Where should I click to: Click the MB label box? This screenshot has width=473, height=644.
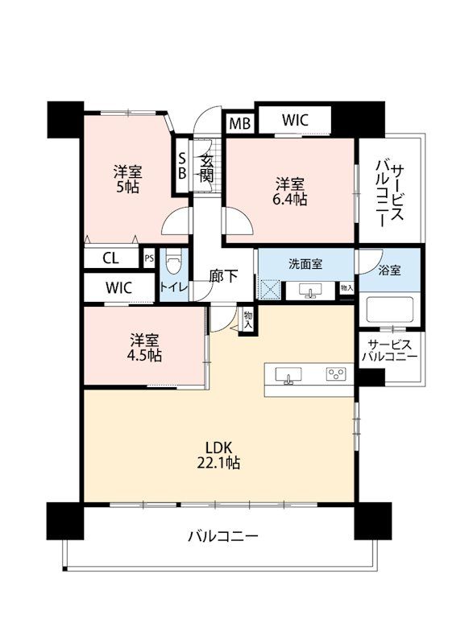[239, 123]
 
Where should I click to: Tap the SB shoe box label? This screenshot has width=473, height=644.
[181, 166]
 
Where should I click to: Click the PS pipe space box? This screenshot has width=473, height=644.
[149, 258]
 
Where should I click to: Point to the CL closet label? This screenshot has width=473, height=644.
[110, 258]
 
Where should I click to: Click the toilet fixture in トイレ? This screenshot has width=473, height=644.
[172, 262]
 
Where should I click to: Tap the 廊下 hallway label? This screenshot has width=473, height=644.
[223, 276]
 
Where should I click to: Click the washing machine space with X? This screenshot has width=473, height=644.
[270, 290]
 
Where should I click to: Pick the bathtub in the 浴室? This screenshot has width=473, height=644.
[389, 308]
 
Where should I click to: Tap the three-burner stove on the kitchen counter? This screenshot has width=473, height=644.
[337, 374]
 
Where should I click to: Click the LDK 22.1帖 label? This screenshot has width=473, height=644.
[219, 455]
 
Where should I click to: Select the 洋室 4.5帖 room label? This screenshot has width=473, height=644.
[145, 348]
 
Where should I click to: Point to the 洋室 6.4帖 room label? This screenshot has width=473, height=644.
[291, 191]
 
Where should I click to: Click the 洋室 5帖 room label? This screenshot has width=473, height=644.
[127, 179]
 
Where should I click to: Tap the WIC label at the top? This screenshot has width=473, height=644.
[295, 120]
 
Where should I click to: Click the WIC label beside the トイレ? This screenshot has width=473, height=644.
[118, 287]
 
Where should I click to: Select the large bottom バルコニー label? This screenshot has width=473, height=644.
[223, 536]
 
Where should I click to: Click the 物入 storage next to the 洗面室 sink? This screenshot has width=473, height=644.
[346, 288]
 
